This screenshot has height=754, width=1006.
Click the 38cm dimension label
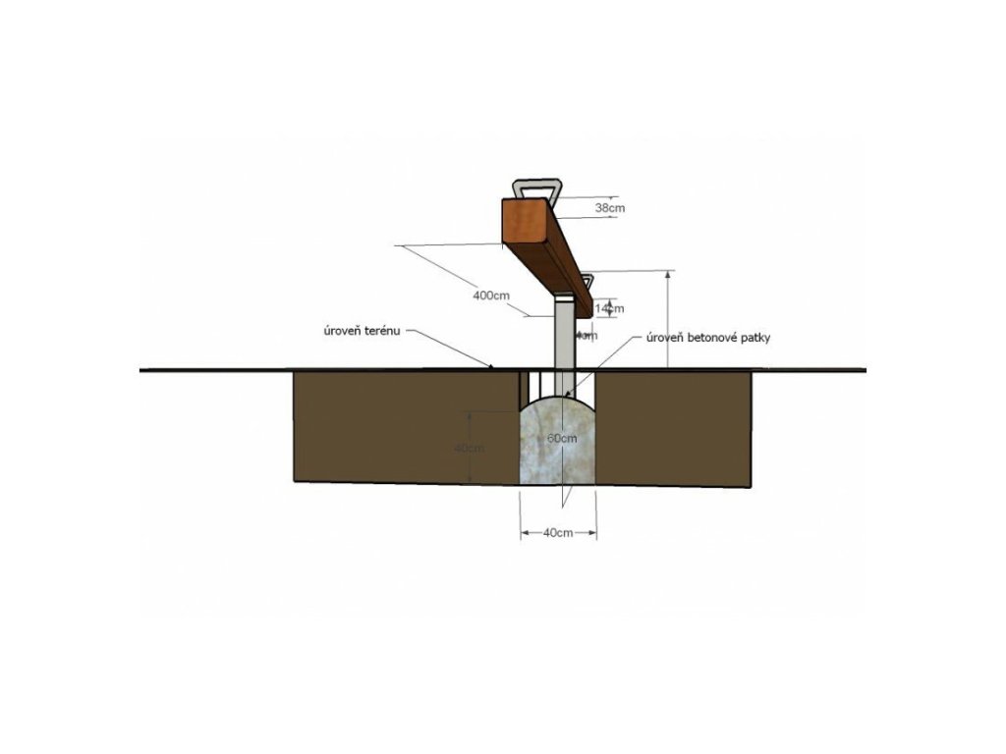point(610,208)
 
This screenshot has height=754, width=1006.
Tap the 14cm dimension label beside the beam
point(610,308)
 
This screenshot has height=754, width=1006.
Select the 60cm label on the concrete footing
point(562,438)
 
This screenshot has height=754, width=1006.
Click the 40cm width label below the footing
point(557,532)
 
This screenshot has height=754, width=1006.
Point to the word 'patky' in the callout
point(783,339)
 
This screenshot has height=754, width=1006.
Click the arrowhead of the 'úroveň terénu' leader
point(490,368)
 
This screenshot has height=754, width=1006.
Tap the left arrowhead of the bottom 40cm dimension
point(523,532)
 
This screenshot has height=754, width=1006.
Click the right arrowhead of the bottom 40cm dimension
point(594,532)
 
